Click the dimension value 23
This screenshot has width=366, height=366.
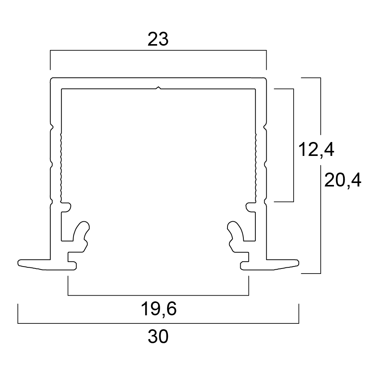point(158,39)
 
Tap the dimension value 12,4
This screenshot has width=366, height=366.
point(316,150)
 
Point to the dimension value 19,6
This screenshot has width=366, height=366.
point(159,309)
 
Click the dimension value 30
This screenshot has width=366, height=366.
point(158,337)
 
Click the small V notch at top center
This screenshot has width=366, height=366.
point(159,88)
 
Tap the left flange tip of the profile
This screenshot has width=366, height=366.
point(18,263)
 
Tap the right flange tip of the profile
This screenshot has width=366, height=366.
point(299,263)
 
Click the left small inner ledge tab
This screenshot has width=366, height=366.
point(66,207)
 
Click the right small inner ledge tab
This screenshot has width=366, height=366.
point(250,207)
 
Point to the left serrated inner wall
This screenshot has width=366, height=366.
point(61,167)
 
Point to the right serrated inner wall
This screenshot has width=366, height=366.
point(256,167)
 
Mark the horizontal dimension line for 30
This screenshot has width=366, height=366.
point(158,323)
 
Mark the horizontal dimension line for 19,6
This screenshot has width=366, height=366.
point(158,295)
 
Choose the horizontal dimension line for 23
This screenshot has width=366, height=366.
point(158,50)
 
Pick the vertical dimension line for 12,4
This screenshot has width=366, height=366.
point(293,145)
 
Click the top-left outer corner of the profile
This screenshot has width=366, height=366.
point(51,78)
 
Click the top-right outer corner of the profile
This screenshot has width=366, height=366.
point(266,78)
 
